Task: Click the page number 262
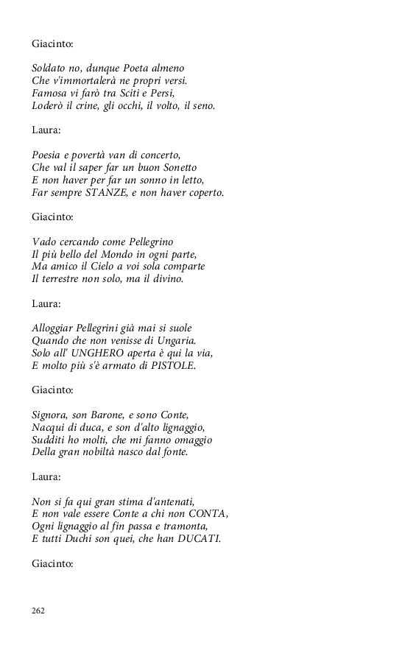[38, 610]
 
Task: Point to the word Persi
[180, 94]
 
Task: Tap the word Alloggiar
[56, 328]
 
